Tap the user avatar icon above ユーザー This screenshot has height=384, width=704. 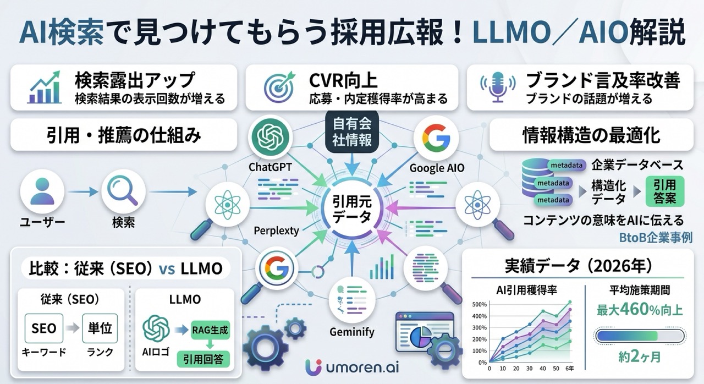pyautogui.click(x=42, y=192)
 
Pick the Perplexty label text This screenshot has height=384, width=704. pyautogui.click(x=276, y=231)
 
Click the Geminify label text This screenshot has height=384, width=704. pyautogui.click(x=352, y=332)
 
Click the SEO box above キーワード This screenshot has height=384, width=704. pyautogui.click(x=43, y=328)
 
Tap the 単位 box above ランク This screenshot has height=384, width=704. pyautogui.click(x=100, y=328)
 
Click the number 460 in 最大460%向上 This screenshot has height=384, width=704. pyautogui.click(x=639, y=310)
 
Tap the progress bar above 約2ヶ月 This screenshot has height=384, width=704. pyautogui.click(x=640, y=336)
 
